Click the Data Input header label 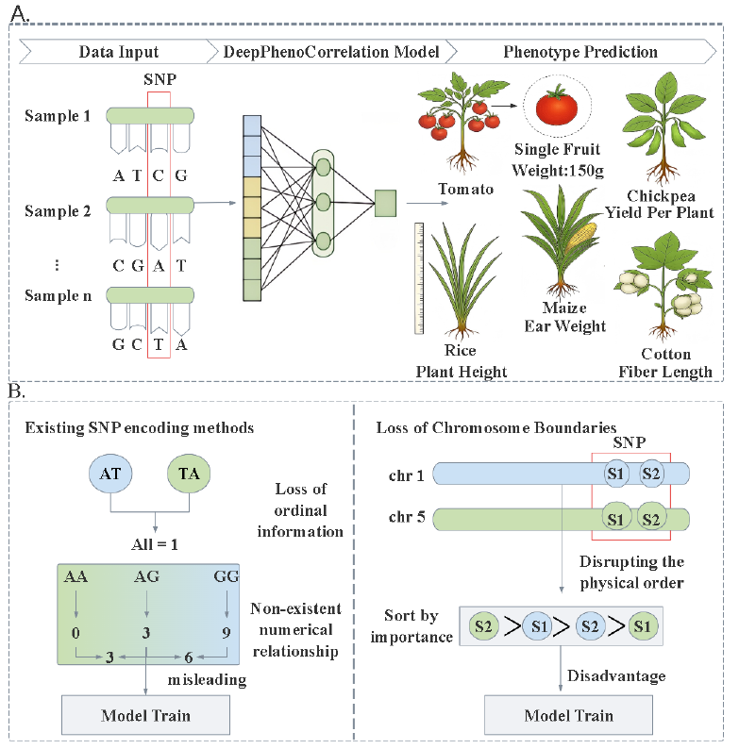118,52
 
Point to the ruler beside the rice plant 418,278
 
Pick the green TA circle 190,474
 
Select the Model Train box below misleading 145,715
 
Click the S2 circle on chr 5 651,518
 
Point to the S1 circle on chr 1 614,473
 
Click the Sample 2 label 58,211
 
